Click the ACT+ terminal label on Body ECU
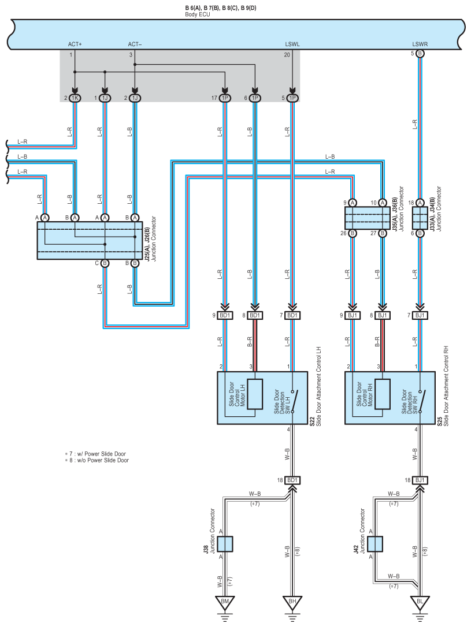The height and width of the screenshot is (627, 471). tap(75, 44)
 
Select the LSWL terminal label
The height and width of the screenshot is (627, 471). tap(292, 44)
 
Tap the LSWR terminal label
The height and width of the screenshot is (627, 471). tap(420, 44)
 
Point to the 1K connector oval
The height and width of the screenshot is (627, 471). tap(75, 98)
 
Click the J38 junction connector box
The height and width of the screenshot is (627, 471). tap(225, 544)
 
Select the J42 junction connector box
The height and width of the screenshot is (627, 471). tap(375, 544)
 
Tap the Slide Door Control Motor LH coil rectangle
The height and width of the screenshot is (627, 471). tap(255, 394)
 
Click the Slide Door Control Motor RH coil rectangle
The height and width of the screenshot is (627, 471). tap(382, 394)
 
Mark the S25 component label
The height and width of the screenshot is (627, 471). tap(440, 422)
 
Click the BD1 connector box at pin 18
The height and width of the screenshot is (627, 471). tap(292, 480)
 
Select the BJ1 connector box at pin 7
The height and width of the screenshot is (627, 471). tap(420, 315)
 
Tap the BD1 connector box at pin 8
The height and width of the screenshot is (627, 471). tap(255, 315)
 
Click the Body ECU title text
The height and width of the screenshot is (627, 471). tap(197, 14)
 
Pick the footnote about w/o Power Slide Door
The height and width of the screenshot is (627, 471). tap(97, 460)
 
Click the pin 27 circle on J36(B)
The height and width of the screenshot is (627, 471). tap(383, 233)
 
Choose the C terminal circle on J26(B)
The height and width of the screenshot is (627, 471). tap(105, 263)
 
